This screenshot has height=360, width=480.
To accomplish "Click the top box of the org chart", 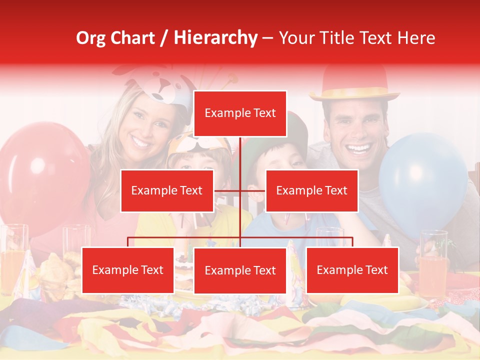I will (x=240, y=113).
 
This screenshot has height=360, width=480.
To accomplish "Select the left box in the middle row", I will (x=167, y=190).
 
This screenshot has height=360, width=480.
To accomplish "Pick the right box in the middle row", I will (x=311, y=190).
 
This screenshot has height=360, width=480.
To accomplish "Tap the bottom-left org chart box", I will (x=127, y=270).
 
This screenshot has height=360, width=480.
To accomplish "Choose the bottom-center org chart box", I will (x=240, y=270).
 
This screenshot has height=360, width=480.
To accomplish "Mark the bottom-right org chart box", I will (x=352, y=270).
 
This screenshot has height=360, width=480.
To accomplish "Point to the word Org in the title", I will (x=90, y=38).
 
